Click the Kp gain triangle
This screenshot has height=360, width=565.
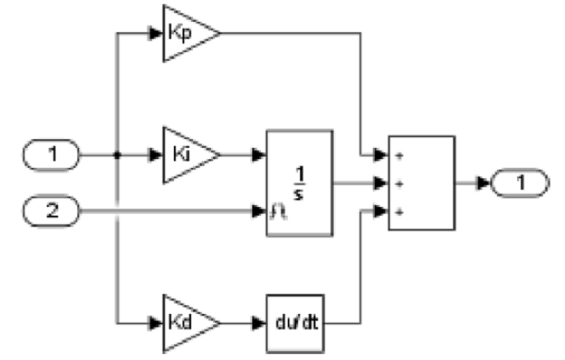(186, 33)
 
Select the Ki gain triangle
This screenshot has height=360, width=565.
(186, 156)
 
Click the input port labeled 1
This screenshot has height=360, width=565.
(52, 157)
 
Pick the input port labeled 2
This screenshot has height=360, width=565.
(52, 210)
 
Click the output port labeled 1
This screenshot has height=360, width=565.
(520, 183)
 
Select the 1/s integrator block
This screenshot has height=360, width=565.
(300, 183)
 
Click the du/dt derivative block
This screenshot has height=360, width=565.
(300, 321)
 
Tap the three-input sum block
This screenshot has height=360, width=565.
(422, 183)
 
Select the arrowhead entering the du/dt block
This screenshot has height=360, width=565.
(260, 321)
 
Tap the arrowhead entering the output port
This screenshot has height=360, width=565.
(485, 183)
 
